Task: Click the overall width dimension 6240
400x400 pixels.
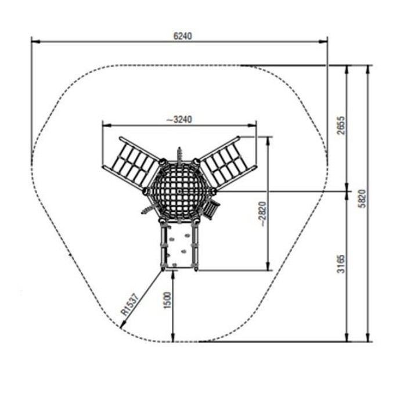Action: click(x=182, y=36)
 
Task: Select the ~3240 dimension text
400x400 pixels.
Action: click(x=179, y=120)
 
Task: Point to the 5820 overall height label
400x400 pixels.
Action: click(x=362, y=199)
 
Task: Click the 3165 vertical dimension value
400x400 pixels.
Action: click(x=341, y=264)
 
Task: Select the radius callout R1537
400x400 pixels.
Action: click(x=131, y=305)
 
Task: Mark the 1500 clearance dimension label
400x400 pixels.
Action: click(x=167, y=300)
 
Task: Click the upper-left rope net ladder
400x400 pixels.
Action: click(x=132, y=163)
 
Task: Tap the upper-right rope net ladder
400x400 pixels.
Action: click(x=227, y=163)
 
